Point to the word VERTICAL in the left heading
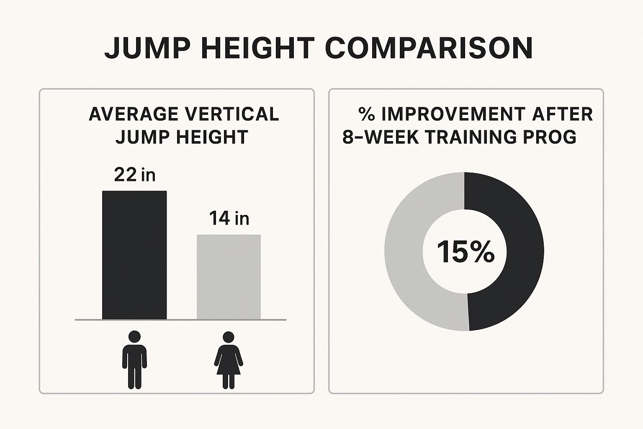pyautogui.click(x=238, y=114)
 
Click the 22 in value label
pyautogui.click(x=134, y=175)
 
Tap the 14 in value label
pyautogui.click(x=229, y=218)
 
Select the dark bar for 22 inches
pyautogui.click(x=134, y=255)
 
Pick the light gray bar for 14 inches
pyautogui.click(x=229, y=277)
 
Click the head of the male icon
pyautogui.click(x=134, y=337)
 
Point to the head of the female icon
pyautogui.click(x=229, y=337)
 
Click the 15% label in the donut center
pyautogui.click(x=465, y=252)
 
